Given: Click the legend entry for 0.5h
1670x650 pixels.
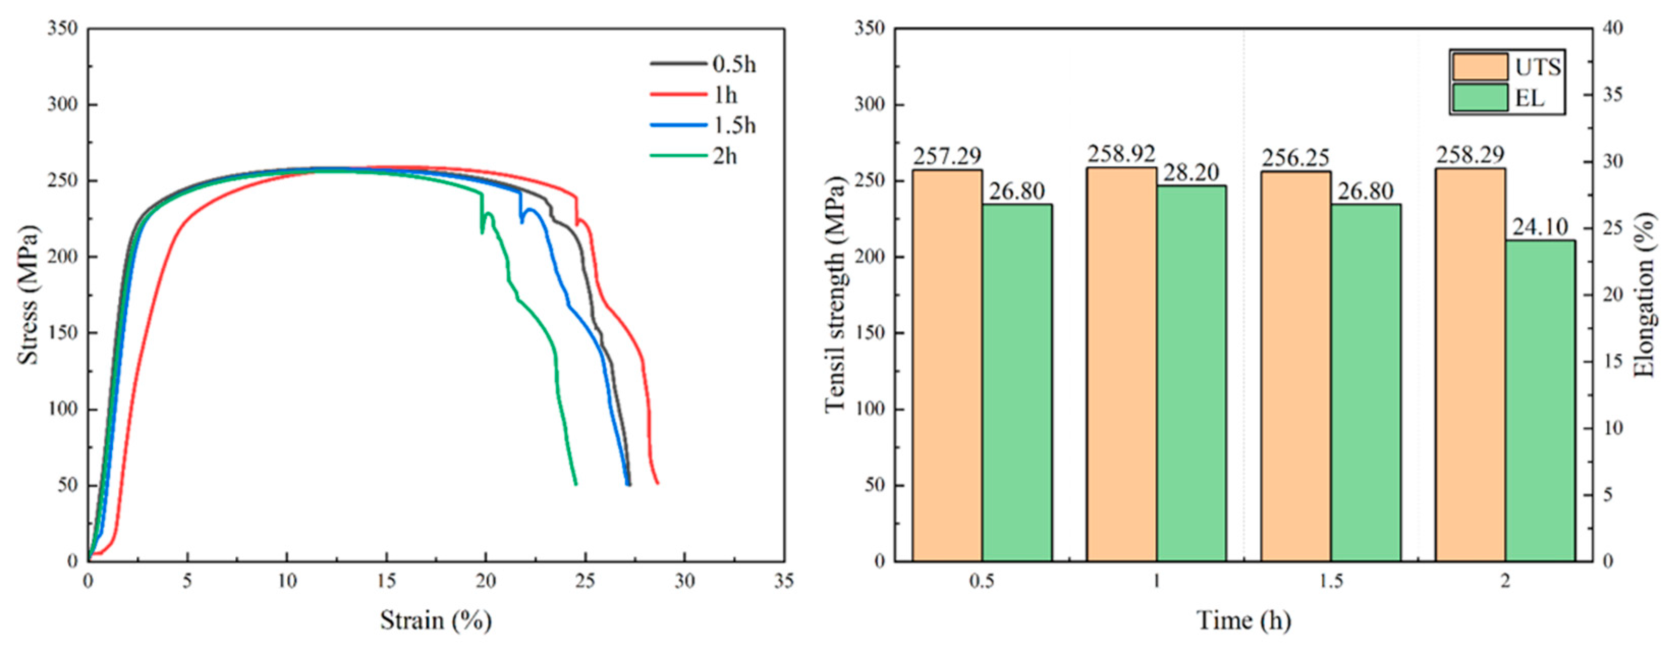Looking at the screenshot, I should (704, 64).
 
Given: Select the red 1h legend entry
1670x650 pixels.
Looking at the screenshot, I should (693, 95).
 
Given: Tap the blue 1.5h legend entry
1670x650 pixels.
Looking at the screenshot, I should (704, 125).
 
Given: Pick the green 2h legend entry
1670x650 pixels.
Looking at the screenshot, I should (693, 156).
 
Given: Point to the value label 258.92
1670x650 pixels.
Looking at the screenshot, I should (1121, 154).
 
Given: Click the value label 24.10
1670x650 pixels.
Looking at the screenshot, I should (1540, 227).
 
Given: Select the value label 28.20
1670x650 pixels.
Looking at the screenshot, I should (1191, 173).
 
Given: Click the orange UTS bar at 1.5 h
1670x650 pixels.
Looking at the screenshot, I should (1295, 365).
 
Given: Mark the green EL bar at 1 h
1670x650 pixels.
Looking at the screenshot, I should (1191, 373).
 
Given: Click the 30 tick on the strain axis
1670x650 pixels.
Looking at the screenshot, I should (685, 581).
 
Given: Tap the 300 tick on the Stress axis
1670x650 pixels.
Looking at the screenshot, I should (62, 104).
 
